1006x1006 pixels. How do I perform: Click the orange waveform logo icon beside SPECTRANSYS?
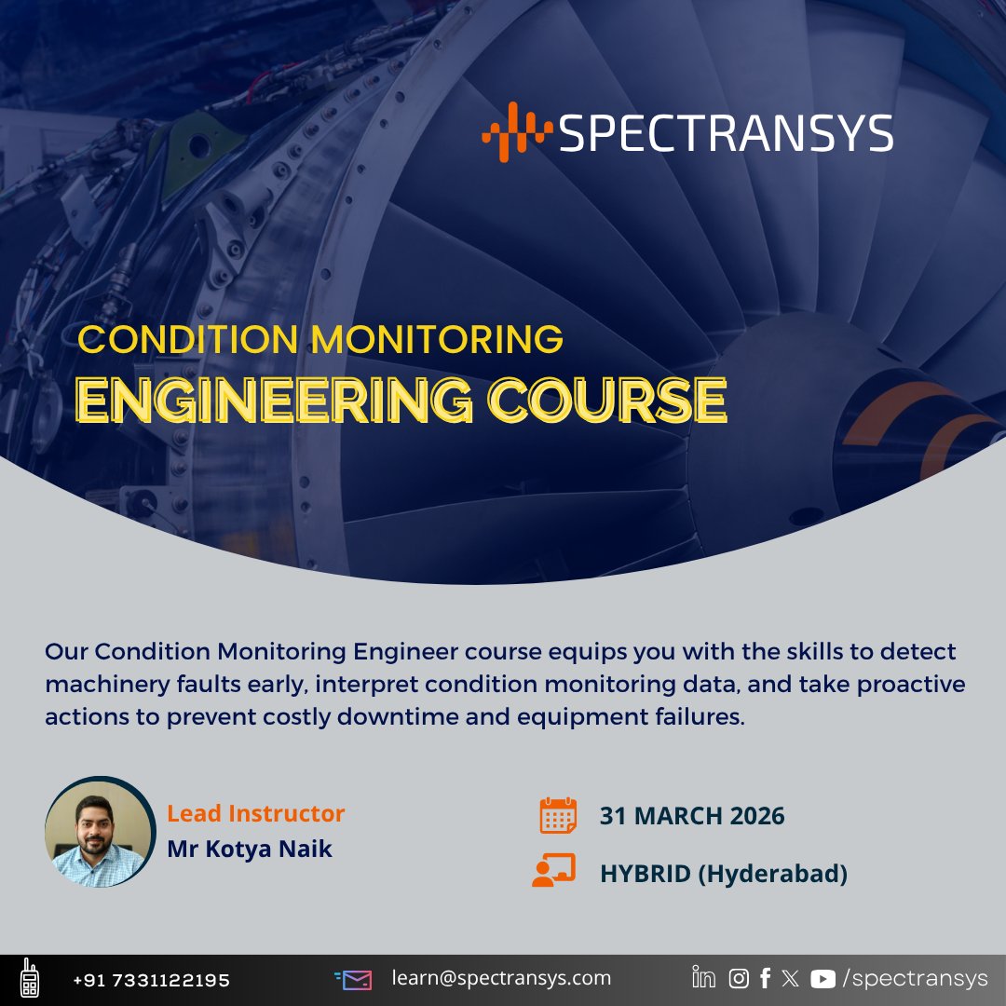click(517, 131)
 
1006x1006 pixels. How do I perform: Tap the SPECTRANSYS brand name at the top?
click(726, 133)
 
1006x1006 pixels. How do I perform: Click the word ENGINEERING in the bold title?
click(274, 400)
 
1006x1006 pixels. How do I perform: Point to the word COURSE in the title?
click(607, 400)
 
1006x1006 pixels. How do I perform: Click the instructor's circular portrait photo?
click(100, 832)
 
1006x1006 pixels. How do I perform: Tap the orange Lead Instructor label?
click(255, 813)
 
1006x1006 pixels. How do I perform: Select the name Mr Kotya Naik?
click(250, 849)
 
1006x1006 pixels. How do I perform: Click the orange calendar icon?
click(558, 815)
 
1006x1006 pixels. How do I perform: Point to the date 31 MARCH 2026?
click(692, 816)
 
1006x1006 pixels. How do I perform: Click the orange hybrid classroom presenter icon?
click(553, 870)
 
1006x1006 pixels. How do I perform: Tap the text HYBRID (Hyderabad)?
click(724, 874)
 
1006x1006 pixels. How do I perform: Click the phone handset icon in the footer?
click(30, 978)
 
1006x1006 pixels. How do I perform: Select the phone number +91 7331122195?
click(152, 980)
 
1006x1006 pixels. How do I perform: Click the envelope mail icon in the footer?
click(354, 980)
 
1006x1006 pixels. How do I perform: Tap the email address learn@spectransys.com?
click(501, 978)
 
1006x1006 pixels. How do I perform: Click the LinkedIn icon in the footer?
click(704, 977)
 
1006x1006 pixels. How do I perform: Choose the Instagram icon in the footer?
click(739, 978)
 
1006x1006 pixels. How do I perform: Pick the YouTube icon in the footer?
click(822, 979)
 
